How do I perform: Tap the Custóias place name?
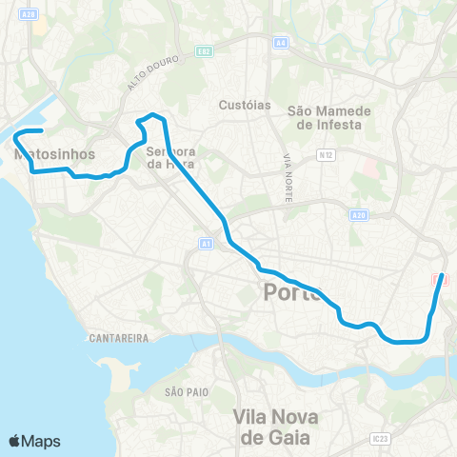(x=246, y=105)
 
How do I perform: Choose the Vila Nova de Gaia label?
(x=278, y=426)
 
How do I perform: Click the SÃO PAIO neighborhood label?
(x=185, y=391)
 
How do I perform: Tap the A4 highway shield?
(x=279, y=42)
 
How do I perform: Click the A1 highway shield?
(x=206, y=244)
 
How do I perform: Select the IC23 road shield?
(x=381, y=439)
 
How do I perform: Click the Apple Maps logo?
(x=35, y=441)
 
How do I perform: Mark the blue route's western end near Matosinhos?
(x=42, y=130)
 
